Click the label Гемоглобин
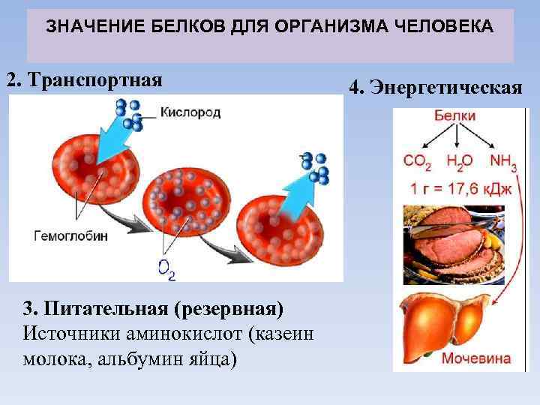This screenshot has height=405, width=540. pos(71,235)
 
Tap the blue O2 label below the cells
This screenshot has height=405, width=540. pos(166,269)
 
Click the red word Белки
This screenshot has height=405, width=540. pos(454,116)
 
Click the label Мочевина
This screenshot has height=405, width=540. pos(475,358)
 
